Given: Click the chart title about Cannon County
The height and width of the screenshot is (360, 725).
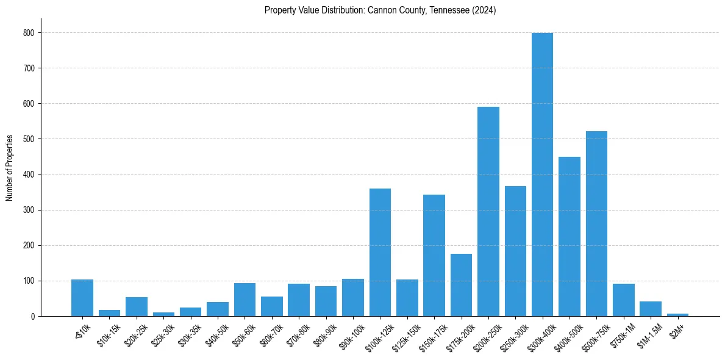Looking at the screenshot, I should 380,10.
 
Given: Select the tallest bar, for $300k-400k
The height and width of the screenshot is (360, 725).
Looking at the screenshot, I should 542,175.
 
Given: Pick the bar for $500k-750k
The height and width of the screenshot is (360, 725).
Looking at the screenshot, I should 596,224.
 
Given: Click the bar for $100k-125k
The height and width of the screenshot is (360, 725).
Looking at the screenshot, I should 380,253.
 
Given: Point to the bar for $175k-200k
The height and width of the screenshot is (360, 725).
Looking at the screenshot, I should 461,285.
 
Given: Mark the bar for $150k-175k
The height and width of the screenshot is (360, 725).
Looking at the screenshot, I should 434,256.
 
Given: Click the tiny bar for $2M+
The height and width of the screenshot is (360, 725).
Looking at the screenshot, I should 677,315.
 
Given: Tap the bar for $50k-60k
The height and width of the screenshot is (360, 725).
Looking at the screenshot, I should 245,300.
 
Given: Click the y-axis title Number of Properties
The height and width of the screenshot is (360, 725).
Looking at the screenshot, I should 10,168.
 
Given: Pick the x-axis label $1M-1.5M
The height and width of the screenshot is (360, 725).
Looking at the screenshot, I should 648,333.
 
